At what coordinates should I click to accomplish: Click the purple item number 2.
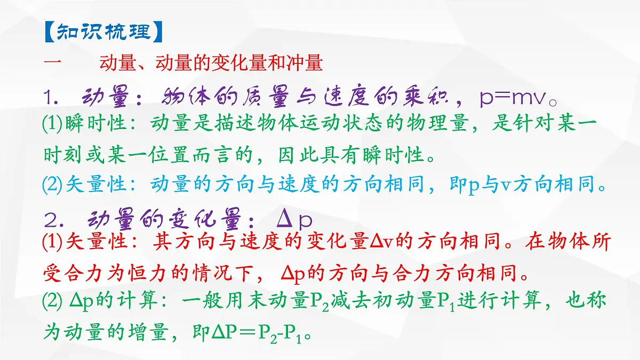pos(52,219)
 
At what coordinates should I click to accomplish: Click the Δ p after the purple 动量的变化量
pos(294,219)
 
